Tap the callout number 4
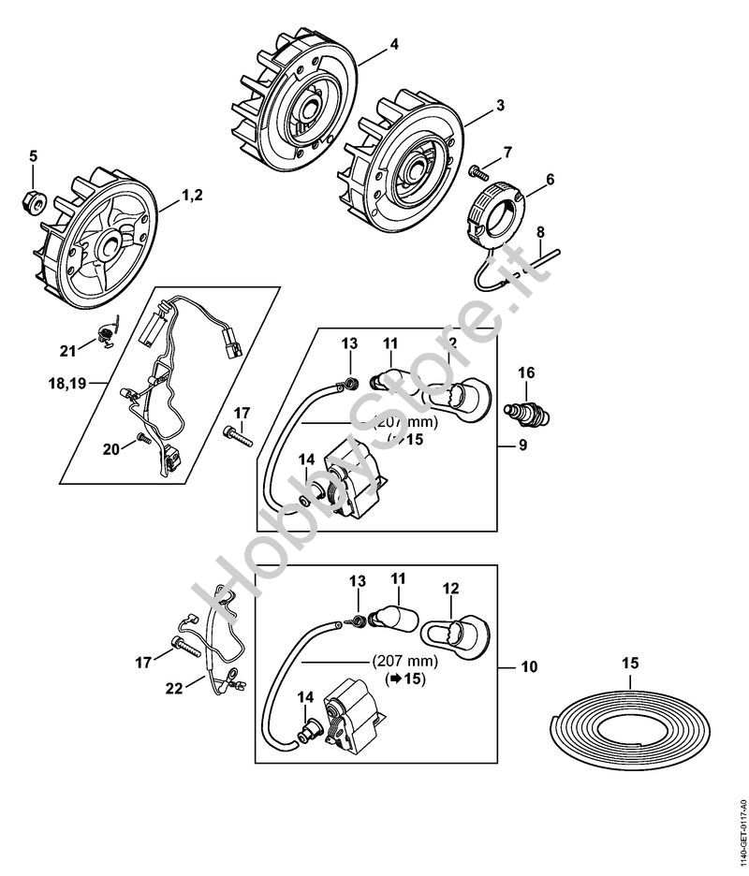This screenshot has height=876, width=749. (394, 43)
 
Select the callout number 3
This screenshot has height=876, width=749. (500, 106)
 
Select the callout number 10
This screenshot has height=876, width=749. (529, 667)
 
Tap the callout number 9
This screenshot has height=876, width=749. (522, 445)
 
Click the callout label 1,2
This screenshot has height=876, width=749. (191, 195)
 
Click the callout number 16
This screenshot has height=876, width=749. (527, 372)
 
